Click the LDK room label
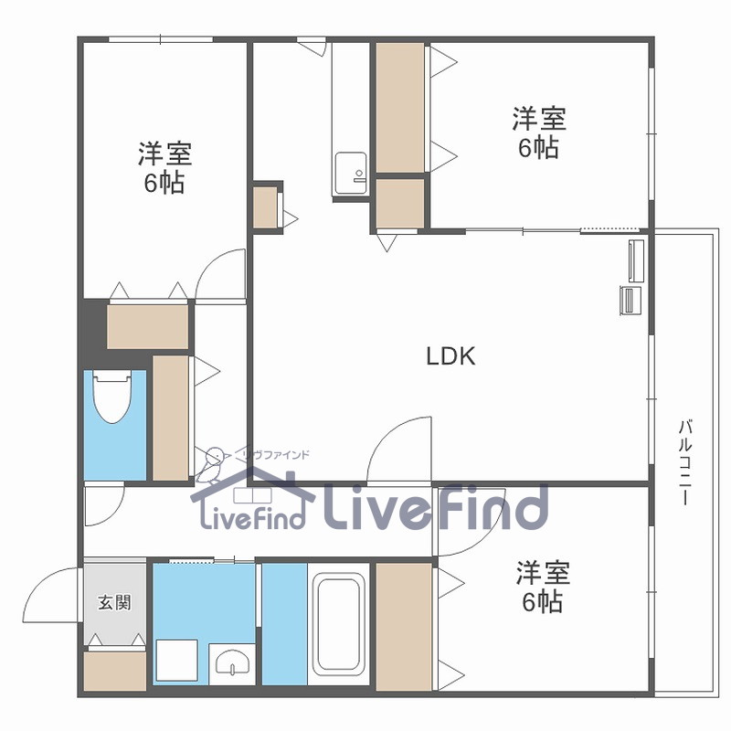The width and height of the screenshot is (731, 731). (450, 356)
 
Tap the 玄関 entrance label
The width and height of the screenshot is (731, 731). (115, 603)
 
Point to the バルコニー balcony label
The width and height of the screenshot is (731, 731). (684, 462)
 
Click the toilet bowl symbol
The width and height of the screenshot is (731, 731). (112, 397)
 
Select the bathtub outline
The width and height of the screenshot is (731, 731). (339, 625)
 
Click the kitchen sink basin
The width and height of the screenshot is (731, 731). (351, 174)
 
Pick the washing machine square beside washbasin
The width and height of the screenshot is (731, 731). (176, 661)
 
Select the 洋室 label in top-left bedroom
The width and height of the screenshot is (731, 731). (164, 154)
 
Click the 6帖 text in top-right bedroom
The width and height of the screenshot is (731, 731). (539, 148)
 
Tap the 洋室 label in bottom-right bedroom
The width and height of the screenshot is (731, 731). (543, 574)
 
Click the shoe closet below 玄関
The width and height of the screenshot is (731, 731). (115, 671)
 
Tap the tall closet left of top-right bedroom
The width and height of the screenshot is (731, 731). (400, 108)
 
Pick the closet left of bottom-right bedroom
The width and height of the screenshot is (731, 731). (404, 627)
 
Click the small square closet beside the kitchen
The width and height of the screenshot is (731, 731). (265, 207)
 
